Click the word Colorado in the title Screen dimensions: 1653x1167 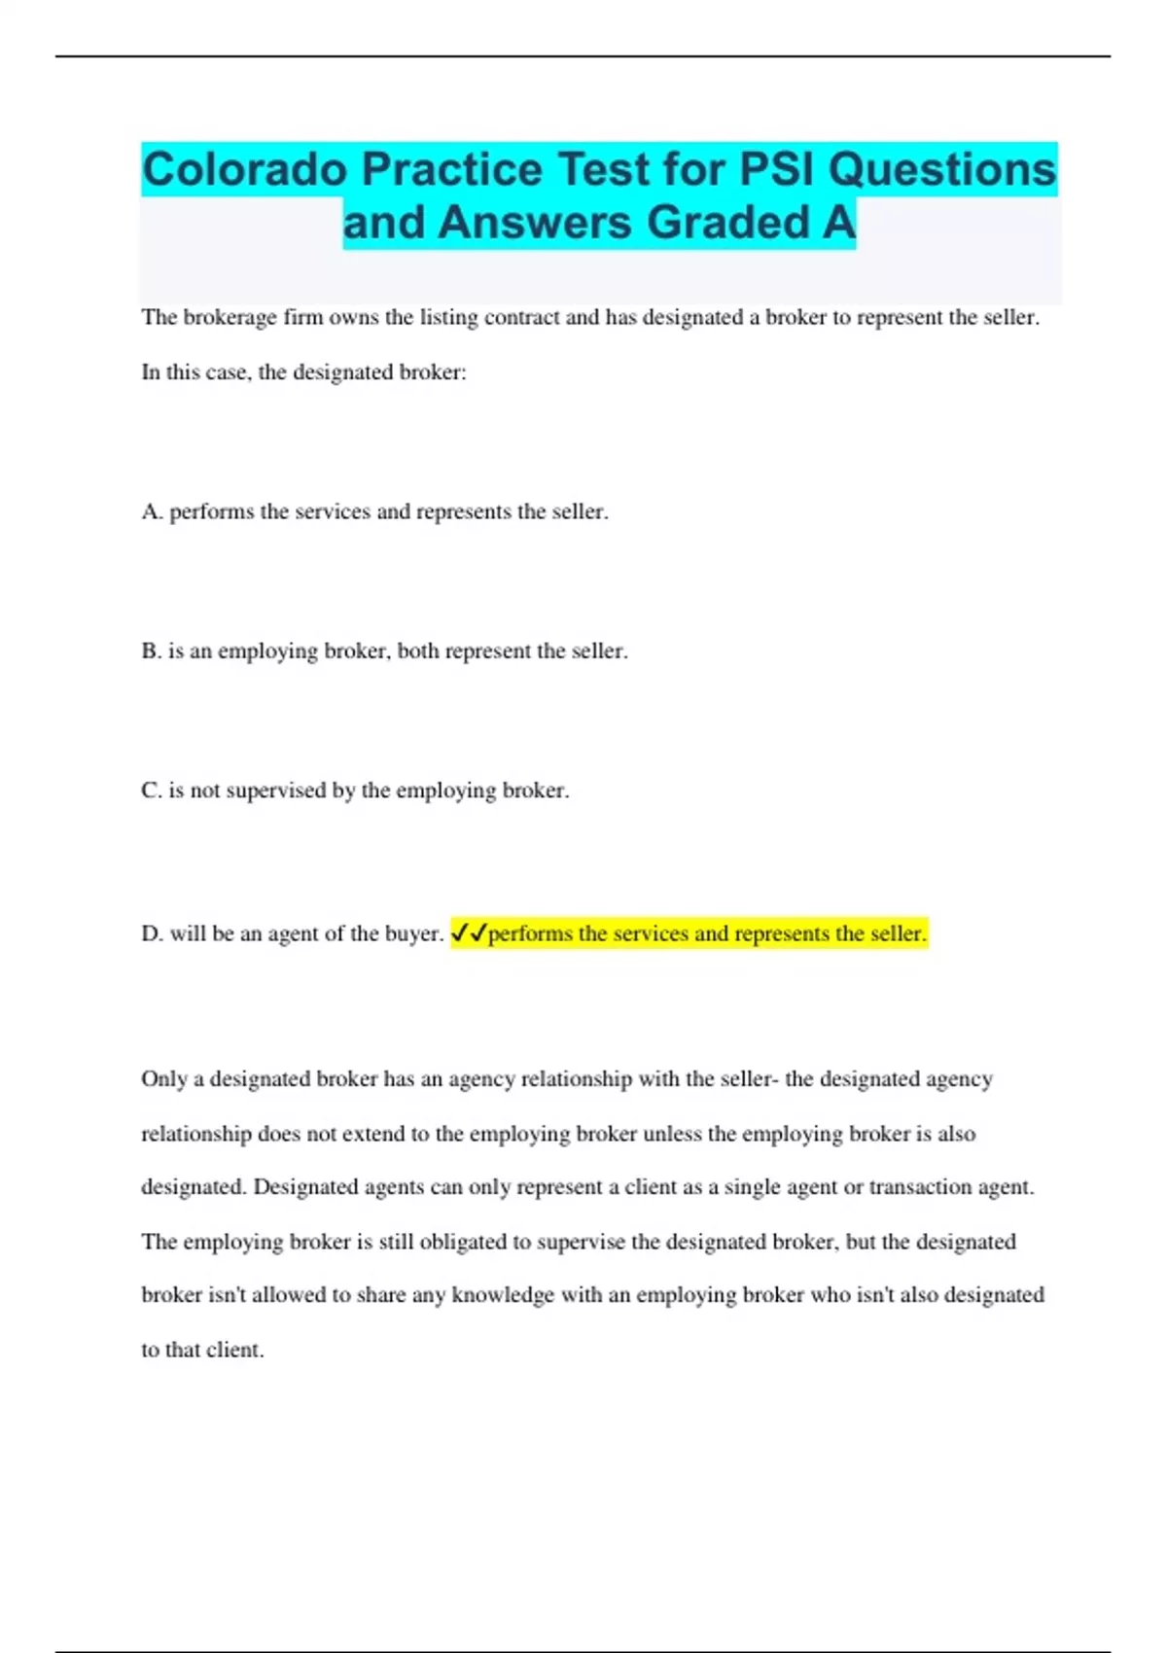coord(245,169)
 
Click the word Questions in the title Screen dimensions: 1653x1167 coord(942,169)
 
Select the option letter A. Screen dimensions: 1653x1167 coord(151,511)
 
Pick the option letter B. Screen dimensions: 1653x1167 coord(151,651)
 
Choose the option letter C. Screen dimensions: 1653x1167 coord(151,791)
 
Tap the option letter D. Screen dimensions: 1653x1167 coord(151,933)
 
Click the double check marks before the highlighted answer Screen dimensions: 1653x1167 coord(469,933)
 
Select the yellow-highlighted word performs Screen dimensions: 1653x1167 coord(530,933)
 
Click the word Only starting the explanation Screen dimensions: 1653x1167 coord(163,1079)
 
